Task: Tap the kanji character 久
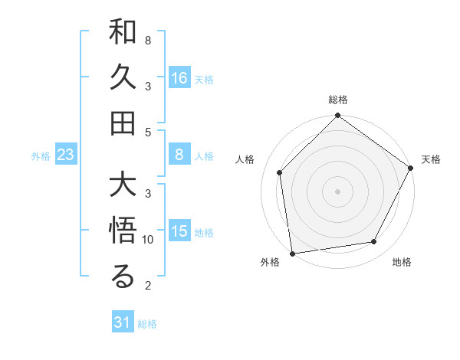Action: (x=123, y=78)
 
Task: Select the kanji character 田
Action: (x=123, y=123)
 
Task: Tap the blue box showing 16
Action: (x=179, y=77)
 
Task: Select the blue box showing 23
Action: (x=66, y=155)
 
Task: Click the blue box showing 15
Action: (x=179, y=232)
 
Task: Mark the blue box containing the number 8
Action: (x=179, y=155)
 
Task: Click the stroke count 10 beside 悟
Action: (x=149, y=240)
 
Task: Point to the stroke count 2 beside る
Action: (x=148, y=286)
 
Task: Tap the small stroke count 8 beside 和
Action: (x=148, y=39)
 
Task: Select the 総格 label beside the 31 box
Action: (x=147, y=324)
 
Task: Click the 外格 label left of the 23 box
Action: (x=41, y=156)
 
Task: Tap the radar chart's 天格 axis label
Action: (x=431, y=159)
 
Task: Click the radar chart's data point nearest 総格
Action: (x=337, y=116)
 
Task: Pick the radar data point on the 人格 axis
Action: (x=280, y=172)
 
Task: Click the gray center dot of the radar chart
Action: (x=337, y=191)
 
